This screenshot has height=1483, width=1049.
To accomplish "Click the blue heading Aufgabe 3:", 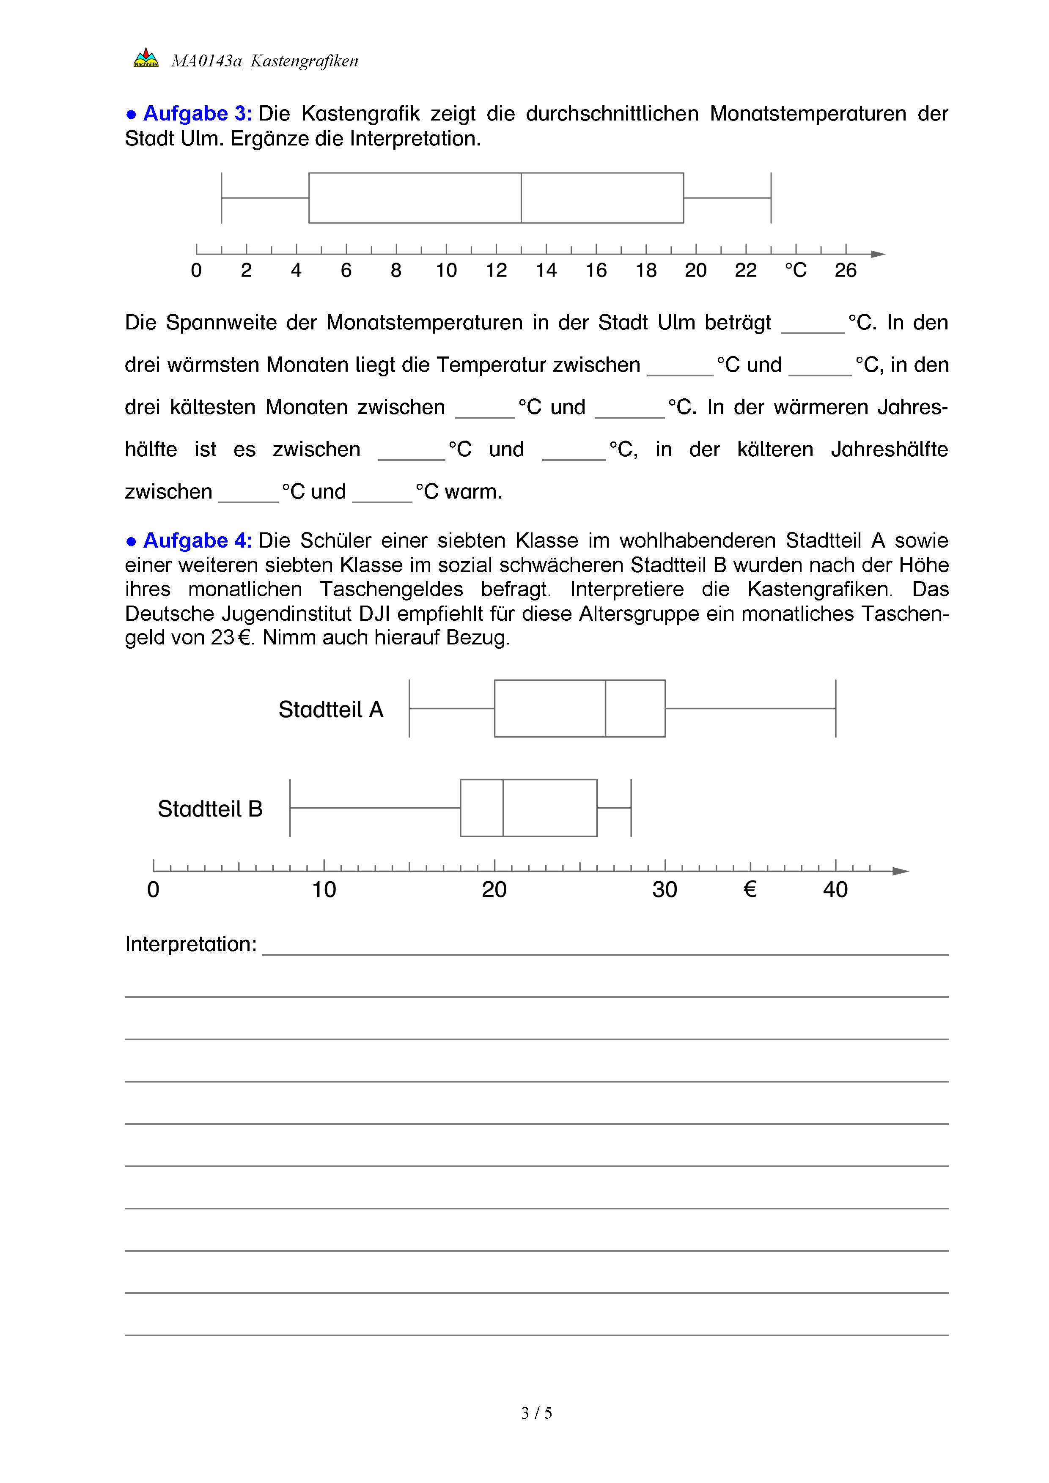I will (x=197, y=114).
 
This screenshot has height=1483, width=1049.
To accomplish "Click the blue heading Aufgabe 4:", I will (x=197, y=540).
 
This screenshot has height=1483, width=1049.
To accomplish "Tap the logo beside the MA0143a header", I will (x=146, y=58).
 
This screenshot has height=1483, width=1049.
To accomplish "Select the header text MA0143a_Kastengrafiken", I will (x=264, y=61).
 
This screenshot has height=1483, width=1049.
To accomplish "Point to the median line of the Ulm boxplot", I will (x=521, y=197).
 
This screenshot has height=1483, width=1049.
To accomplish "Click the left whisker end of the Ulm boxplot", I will (x=222, y=197).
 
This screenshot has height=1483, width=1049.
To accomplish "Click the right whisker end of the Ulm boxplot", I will (x=771, y=197).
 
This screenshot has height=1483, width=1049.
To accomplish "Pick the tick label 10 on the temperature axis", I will (x=446, y=271).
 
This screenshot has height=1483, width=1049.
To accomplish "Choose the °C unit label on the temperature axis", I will (x=796, y=271).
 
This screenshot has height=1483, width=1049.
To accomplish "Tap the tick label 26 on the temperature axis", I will (x=846, y=271).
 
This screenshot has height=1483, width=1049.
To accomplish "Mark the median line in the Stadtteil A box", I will (x=605, y=709).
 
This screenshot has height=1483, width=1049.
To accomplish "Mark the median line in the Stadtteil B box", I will (x=503, y=808).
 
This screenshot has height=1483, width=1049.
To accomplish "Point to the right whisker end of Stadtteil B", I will (x=631, y=808).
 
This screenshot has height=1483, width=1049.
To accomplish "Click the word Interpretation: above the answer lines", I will (x=190, y=944).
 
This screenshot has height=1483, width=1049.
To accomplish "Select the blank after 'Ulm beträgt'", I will (x=813, y=325).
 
